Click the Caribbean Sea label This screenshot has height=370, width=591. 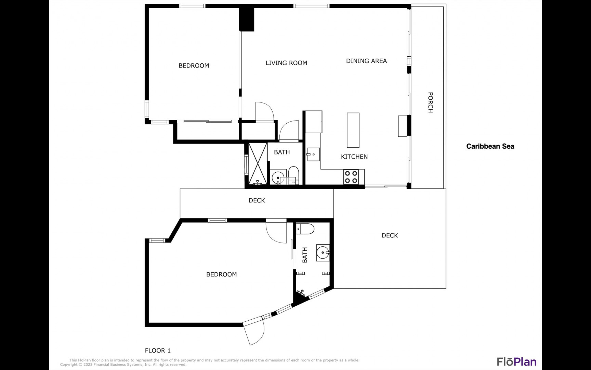(x=490, y=146)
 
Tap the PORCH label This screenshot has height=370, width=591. (x=431, y=102)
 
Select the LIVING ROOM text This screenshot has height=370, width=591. (x=286, y=63)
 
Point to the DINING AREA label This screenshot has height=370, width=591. (x=366, y=61)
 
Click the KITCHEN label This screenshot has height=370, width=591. (x=354, y=157)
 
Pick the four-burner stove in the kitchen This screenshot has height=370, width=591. (x=351, y=177)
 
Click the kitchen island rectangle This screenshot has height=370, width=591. (x=353, y=130)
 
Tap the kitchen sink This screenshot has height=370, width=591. (x=313, y=155)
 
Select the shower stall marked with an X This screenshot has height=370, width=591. (x=258, y=164)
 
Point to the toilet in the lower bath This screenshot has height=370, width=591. (x=305, y=229)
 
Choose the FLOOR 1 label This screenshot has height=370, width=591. (x=158, y=350)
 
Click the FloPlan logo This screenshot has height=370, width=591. (x=516, y=362)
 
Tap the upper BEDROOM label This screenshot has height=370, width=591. (x=194, y=65)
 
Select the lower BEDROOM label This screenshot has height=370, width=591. (x=221, y=274)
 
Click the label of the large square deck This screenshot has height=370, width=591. (x=390, y=235)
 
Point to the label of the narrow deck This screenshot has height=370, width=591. (x=257, y=200)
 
